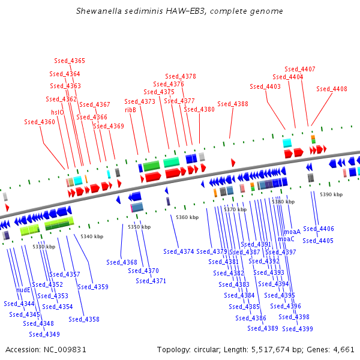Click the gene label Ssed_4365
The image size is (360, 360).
coord(70,61)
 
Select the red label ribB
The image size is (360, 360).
coord(130,110)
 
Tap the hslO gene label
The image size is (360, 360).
coord(57,112)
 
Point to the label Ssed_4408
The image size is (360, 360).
coord(332,89)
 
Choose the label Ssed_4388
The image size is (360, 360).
coord(233,104)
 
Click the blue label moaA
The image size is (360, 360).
coord(292,232)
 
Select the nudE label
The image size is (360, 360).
coord(23,290)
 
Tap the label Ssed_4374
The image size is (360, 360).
coord(179,251)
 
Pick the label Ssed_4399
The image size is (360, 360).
coord(298,329)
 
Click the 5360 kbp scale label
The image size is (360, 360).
coord(187,217)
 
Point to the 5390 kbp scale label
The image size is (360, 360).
coord(331,195)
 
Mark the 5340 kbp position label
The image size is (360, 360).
coord(91,236)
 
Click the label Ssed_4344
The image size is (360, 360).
coord(19,304)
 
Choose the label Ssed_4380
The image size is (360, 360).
coord(199,109)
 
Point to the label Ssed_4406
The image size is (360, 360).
coord(319,229)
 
